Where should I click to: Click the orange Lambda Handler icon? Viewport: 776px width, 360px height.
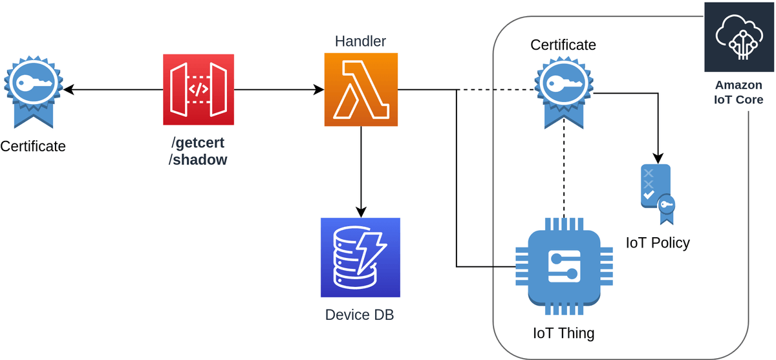360,90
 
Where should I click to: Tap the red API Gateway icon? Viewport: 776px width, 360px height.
199,90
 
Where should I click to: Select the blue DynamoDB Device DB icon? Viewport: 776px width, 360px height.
360,257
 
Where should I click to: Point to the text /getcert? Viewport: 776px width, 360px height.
198,143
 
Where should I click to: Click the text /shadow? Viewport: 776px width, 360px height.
198,160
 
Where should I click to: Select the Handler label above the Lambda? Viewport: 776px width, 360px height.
360,42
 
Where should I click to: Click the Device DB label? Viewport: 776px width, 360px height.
360,315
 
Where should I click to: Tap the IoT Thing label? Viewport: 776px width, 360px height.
563,334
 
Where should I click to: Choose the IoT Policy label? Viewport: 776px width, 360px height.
658,243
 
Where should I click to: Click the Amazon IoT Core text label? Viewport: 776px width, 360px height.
738,92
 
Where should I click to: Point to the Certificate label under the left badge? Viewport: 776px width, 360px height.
33,146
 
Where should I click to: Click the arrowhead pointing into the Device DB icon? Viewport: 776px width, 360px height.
361,212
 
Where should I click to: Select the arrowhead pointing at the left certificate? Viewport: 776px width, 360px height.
68,90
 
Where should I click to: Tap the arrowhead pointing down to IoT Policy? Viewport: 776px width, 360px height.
658,158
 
